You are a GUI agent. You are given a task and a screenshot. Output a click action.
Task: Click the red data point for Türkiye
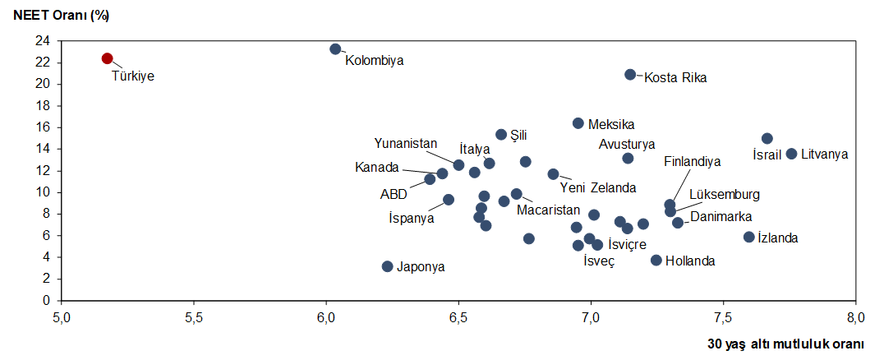[x=107, y=58]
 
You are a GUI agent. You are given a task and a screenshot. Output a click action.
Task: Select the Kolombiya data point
[x=335, y=49]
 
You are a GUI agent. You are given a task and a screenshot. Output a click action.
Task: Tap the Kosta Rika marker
[x=630, y=74]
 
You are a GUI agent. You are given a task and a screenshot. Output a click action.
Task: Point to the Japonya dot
[x=388, y=266]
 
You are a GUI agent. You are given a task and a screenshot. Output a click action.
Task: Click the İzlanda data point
[x=749, y=237]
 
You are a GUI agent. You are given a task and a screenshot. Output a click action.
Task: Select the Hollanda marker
[x=656, y=260]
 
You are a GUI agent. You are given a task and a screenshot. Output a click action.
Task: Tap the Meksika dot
[x=578, y=123]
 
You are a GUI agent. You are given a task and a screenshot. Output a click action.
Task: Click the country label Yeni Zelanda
[x=597, y=187]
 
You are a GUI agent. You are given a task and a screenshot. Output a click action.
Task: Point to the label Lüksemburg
[x=724, y=195]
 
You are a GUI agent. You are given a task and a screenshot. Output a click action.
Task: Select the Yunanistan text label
[x=406, y=143]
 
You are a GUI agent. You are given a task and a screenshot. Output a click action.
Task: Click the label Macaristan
[x=548, y=210]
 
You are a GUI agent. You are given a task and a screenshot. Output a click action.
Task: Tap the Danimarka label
[x=721, y=217]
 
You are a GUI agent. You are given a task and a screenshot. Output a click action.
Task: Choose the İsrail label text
[x=767, y=155]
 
